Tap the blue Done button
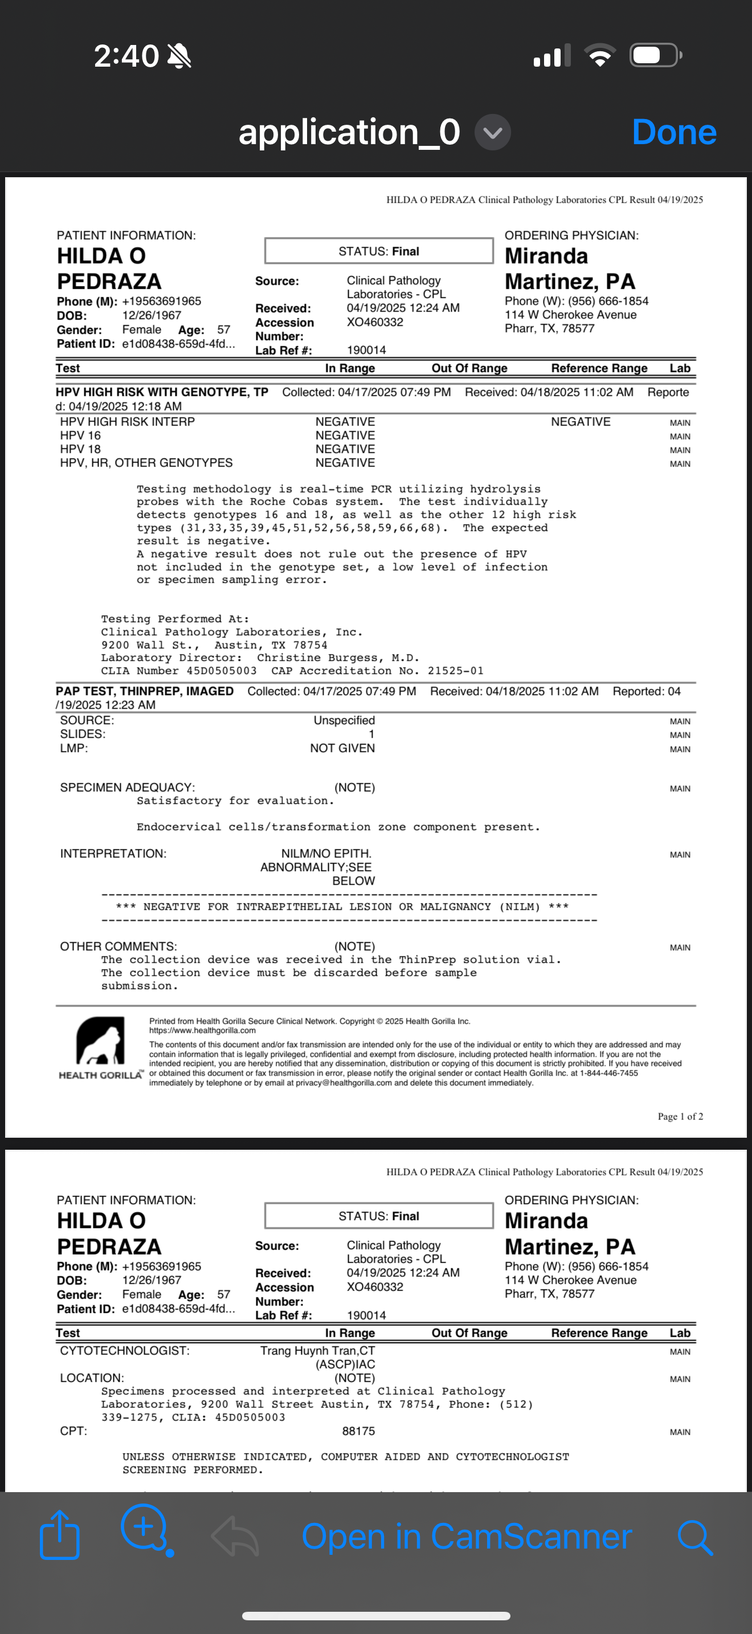(674, 132)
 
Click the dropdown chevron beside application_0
(493, 132)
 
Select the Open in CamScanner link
(467, 1537)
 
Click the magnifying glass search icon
(695, 1537)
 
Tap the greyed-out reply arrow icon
(235, 1537)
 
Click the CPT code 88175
(358, 1431)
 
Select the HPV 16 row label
(80, 435)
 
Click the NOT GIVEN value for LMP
(342, 748)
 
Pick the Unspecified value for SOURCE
(344, 720)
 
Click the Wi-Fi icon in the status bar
(600, 55)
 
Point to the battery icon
(655, 55)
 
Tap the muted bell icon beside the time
(179, 56)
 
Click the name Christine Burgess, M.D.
(338, 658)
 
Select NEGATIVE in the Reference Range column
(580, 422)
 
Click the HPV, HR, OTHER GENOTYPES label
(146, 463)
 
